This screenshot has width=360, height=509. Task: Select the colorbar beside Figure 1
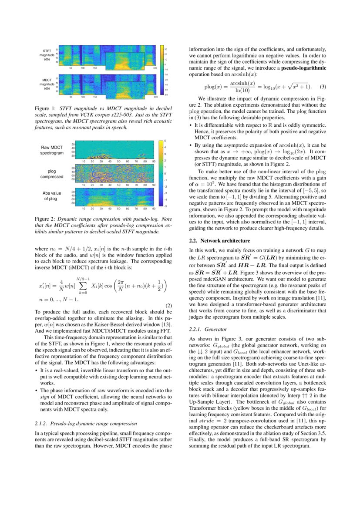[161, 70]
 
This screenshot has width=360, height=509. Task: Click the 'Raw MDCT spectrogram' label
[52, 150]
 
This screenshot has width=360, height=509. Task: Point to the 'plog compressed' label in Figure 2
[52, 174]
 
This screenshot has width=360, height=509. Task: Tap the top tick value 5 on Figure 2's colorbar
[165, 141]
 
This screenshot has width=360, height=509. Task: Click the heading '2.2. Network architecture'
[219, 241]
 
